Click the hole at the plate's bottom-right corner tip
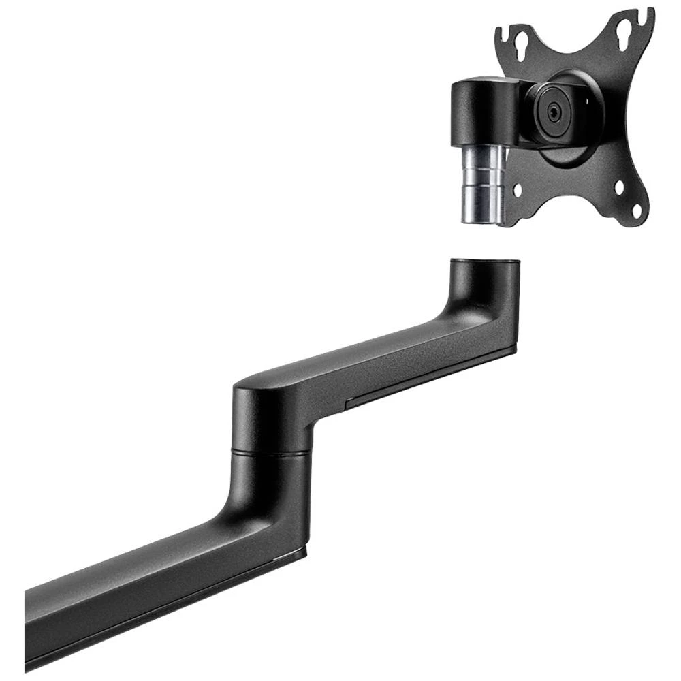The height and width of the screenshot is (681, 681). [636, 210]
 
